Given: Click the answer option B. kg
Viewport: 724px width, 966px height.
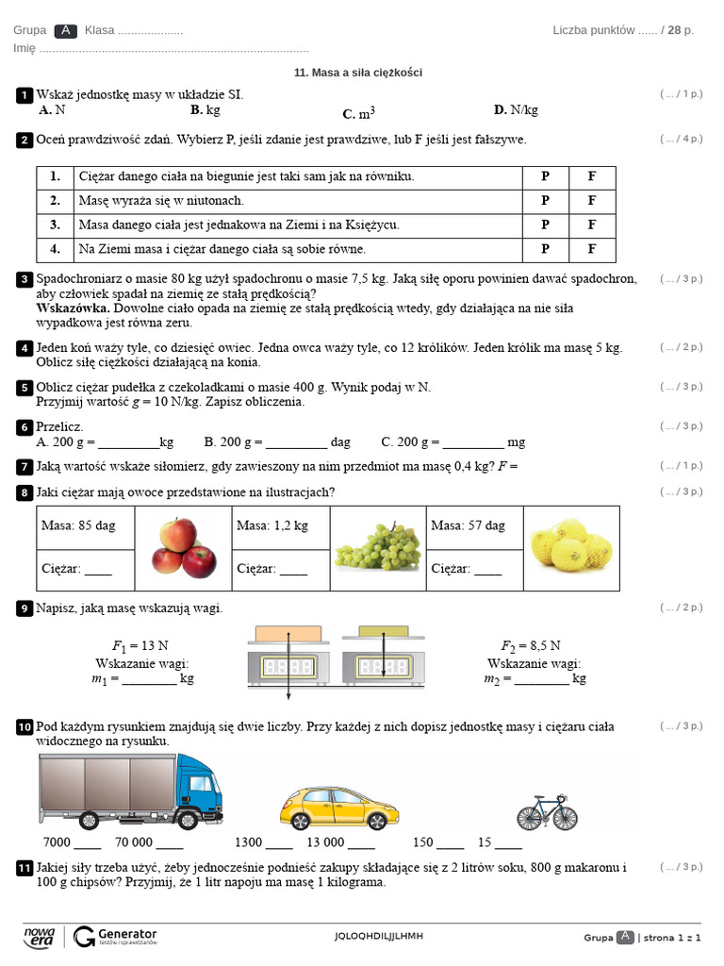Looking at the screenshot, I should (205, 110).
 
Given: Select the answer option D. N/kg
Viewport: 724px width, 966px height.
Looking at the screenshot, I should (516, 110).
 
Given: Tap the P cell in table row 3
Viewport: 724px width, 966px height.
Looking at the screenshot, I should (545, 225).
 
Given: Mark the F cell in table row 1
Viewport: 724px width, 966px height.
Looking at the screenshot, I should (592, 176).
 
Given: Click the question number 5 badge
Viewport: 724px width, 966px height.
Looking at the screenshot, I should (24, 388).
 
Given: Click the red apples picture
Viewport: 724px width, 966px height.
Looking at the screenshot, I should (184, 548).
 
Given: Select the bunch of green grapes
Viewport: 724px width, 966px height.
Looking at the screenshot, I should (377, 548).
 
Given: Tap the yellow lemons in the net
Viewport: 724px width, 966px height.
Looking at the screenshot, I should (570, 548).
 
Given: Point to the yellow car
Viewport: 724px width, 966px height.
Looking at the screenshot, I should (339, 808).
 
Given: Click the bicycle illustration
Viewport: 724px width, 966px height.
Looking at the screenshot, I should (546, 810).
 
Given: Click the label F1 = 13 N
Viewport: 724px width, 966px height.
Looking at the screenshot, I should (140, 646).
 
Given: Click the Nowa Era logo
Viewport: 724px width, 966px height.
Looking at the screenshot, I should (40, 936).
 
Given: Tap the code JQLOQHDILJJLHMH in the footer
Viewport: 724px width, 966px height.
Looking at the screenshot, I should (379, 936).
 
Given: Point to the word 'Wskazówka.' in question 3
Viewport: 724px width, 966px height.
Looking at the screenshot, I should (73, 308).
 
